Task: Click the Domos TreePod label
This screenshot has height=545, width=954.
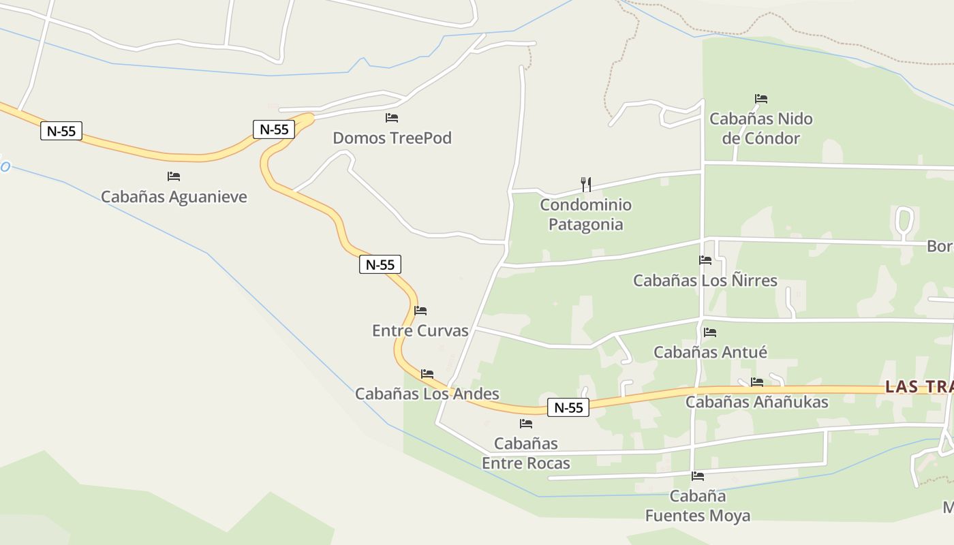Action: (392, 138)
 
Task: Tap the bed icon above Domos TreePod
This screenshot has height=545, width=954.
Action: (392, 118)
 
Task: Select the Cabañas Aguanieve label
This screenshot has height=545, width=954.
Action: (174, 197)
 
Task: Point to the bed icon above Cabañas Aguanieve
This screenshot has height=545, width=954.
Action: (174, 176)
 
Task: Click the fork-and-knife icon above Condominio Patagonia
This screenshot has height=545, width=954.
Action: (585, 184)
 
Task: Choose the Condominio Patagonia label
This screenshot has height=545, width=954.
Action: (586, 215)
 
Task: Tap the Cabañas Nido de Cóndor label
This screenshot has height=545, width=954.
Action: (761, 129)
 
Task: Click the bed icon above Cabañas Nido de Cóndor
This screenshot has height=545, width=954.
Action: (761, 99)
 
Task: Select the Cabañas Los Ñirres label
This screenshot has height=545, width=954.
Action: (705, 281)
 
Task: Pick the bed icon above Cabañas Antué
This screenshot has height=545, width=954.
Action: (710, 332)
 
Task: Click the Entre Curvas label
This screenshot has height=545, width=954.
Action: (420, 331)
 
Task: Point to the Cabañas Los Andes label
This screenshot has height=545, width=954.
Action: (427, 394)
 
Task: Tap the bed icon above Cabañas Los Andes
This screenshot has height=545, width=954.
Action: (427, 374)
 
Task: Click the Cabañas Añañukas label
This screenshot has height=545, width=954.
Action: (757, 402)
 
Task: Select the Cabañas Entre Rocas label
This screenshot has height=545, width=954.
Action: (526, 454)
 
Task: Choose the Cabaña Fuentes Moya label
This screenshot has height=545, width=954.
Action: (698, 506)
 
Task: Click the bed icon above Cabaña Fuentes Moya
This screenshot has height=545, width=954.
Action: (698, 476)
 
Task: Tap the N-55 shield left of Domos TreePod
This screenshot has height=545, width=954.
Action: (274, 129)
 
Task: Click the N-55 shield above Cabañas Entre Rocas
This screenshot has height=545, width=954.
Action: (568, 407)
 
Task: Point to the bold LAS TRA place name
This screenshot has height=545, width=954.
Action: (919, 387)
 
